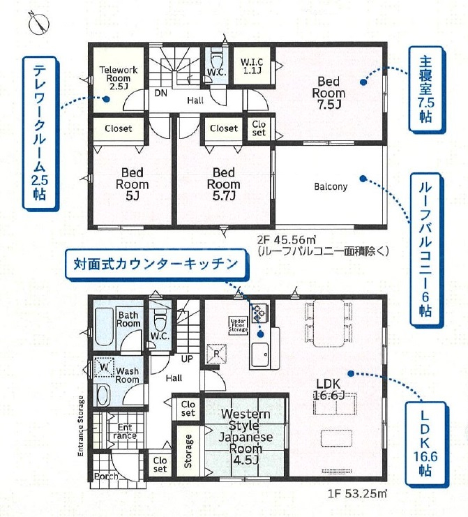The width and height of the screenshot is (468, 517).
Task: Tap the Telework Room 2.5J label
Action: coord(119,78)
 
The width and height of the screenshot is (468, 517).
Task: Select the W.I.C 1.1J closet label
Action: coord(252,66)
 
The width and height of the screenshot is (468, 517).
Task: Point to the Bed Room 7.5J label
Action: coord(329,93)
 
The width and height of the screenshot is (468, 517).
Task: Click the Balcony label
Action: coord(331,186)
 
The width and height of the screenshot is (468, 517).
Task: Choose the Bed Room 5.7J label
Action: coord(223,184)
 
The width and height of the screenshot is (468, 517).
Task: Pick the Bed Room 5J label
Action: coord(132,184)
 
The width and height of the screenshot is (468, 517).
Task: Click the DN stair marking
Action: coord(161,93)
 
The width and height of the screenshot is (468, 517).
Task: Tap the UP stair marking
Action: coord(187,359)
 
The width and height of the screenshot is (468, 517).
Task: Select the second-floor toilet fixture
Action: coord(216,59)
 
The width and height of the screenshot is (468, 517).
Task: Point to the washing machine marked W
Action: coord(104,367)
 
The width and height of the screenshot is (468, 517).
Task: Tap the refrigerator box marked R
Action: coord(216,354)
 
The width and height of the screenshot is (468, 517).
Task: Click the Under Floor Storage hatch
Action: coord(239,325)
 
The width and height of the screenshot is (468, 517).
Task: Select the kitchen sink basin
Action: coord(260,355)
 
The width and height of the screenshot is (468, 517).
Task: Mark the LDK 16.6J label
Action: coord(329,389)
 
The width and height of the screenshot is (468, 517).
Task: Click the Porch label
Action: coord(106,476)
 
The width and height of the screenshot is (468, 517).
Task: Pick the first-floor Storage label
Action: coord(188,451)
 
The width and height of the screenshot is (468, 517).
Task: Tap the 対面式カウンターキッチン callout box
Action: coord(156,264)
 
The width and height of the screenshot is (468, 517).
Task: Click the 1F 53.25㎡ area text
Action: coord(357,493)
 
